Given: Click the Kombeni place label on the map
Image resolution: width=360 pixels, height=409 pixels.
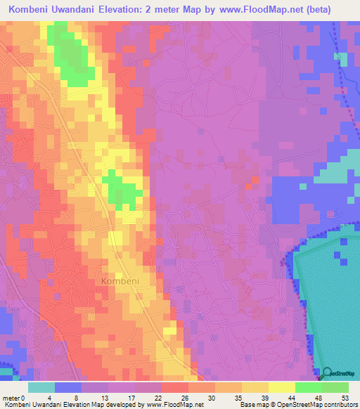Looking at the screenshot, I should click(x=120, y=280).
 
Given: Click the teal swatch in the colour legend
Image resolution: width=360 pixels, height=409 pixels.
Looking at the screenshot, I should click(x=41, y=387).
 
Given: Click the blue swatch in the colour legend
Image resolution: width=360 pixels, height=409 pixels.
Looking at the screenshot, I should click(x=68, y=387).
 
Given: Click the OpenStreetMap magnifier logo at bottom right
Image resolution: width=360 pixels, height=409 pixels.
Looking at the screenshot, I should click(x=328, y=373).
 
